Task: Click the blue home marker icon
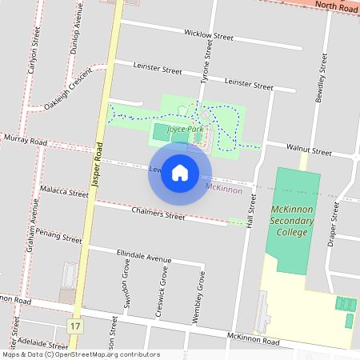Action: pyautogui.click(x=180, y=173)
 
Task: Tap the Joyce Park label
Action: pyautogui.click(x=186, y=129)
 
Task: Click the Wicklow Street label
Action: pyautogui.click(x=208, y=36)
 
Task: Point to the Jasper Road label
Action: pyautogui.click(x=98, y=165)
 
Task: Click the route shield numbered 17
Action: pyautogui.click(x=74, y=326)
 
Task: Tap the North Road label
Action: pyautogui.click(x=335, y=6)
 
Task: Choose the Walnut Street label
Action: pyautogui.click(x=310, y=150)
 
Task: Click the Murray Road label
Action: pyautogui.click(x=25, y=141)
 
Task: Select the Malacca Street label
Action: pyautogui.click(x=63, y=193)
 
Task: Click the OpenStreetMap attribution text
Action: pyautogui.click(x=80, y=354)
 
